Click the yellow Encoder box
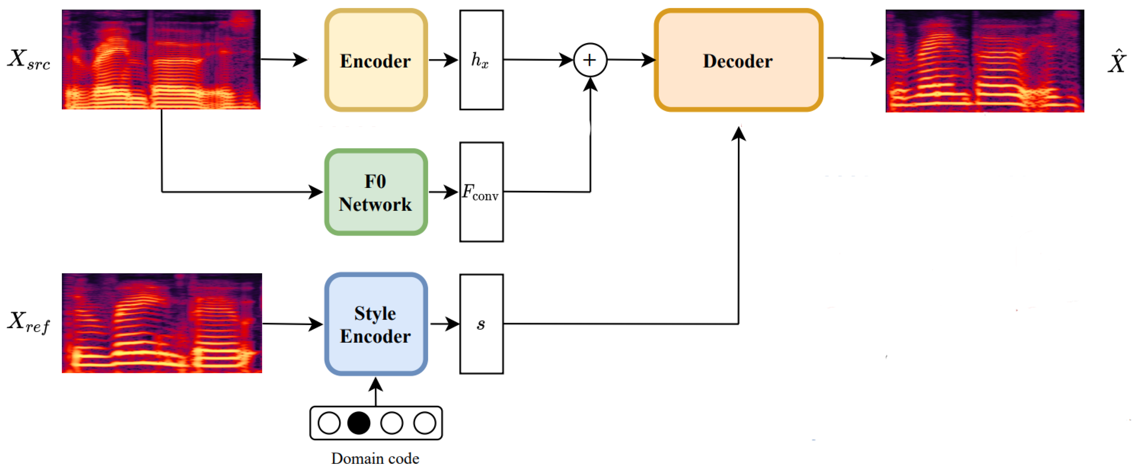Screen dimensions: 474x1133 click(x=376, y=60)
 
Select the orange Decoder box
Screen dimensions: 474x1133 click(x=738, y=60)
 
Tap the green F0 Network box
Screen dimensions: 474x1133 click(x=376, y=192)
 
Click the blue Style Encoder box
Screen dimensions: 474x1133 click(x=376, y=324)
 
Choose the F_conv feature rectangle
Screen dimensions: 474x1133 click(x=481, y=192)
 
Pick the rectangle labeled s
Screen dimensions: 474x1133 click(x=481, y=324)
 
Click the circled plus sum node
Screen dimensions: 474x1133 click(x=590, y=60)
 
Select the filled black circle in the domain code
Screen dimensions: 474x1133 click(x=359, y=423)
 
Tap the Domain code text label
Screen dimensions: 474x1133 click(x=375, y=459)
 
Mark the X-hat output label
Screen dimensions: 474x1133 click(x=1116, y=63)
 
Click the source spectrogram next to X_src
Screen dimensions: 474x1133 click(x=161, y=60)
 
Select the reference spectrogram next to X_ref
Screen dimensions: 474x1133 click(x=162, y=323)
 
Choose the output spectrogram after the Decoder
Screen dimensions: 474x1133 click(x=984, y=61)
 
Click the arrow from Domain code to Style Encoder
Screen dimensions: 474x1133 click(x=375, y=392)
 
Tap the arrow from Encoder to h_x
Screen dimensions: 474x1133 click(x=443, y=60)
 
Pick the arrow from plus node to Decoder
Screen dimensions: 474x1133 click(x=631, y=60)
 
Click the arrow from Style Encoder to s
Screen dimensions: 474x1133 click(x=444, y=324)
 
